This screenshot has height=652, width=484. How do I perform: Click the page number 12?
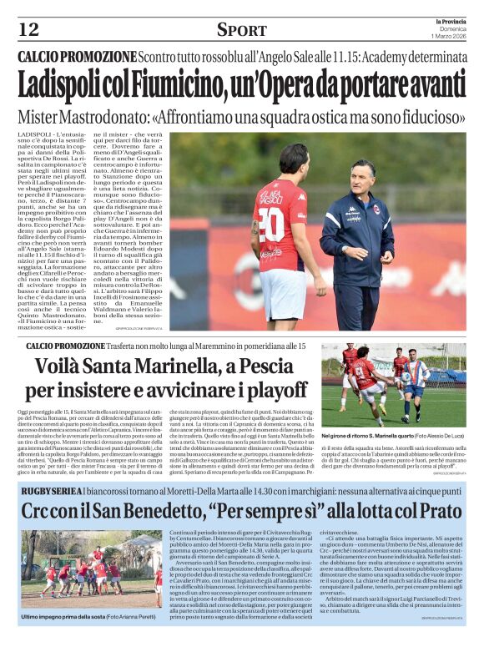tap(28, 29)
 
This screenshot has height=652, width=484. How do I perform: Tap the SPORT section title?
tap(241, 30)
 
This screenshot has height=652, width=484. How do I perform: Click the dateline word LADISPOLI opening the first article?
tap(37, 133)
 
